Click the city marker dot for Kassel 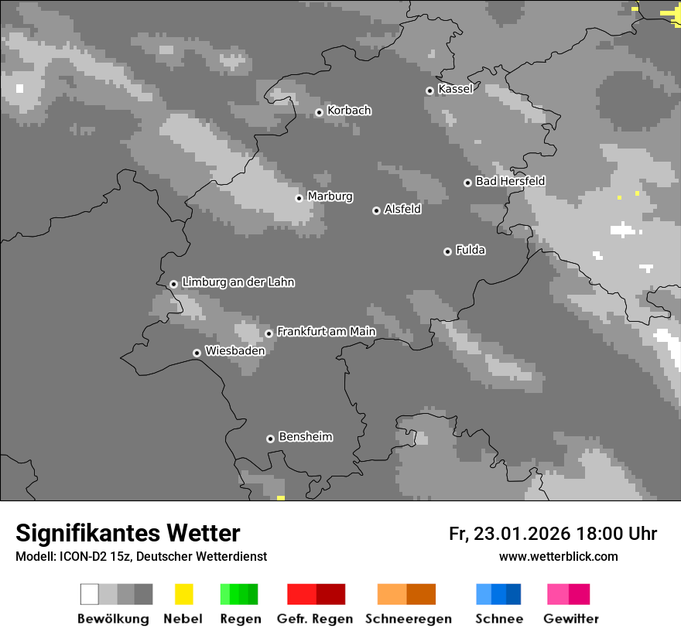tap(429, 90)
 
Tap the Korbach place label tap(349, 111)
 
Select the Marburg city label tap(330, 196)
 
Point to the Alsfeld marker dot tap(376, 210)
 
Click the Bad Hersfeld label tap(510, 181)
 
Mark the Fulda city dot tap(447, 251)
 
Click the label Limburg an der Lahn tap(238, 282)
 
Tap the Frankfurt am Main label tap(326, 332)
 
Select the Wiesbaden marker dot tap(197, 353)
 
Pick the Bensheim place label tap(305, 437)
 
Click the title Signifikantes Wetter tap(128, 534)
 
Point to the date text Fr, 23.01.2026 tap(509, 534)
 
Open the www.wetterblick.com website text tap(558, 556)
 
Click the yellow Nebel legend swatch tap(183, 594)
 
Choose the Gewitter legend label tap(571, 619)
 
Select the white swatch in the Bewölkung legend tap(89, 594)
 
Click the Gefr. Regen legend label tap(315, 619)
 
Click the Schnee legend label tap(498, 619)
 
